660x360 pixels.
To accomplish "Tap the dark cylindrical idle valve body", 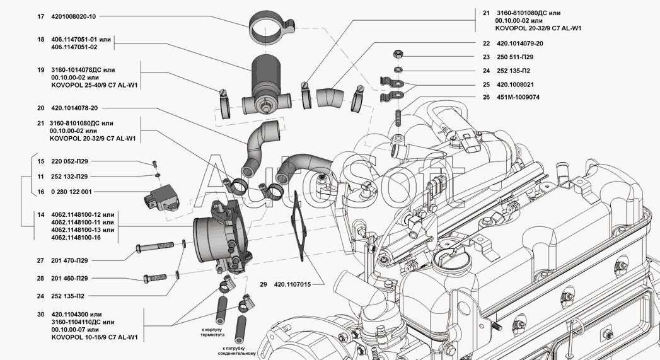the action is (x=266, y=76).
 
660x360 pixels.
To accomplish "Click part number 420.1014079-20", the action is (x=520, y=44).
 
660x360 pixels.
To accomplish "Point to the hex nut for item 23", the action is (x=398, y=54).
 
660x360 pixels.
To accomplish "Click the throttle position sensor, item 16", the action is (x=162, y=197).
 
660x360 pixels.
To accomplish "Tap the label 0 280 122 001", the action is (x=71, y=192).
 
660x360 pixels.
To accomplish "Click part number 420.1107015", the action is (x=292, y=284).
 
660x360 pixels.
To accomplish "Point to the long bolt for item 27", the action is (x=154, y=247).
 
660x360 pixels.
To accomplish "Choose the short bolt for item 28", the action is (x=155, y=278).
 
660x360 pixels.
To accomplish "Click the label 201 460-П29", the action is (x=69, y=278).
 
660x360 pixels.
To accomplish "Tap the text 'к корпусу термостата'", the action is (x=212, y=333).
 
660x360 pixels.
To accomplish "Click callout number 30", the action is (x=40, y=315).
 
